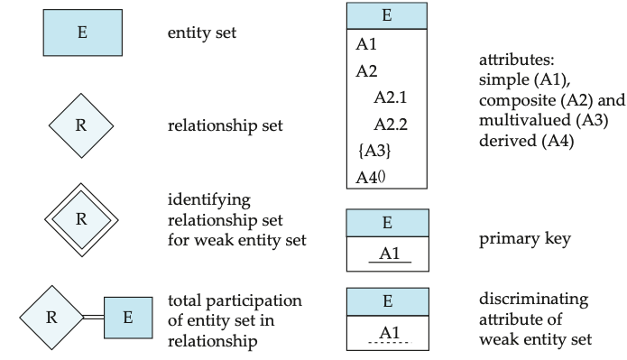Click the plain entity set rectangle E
pyautogui.click(x=82, y=32)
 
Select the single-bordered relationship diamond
pyautogui.click(x=81, y=125)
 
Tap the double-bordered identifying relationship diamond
pyautogui.click(x=81, y=218)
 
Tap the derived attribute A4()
pyautogui.click(x=372, y=176)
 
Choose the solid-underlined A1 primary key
pyautogui.click(x=390, y=254)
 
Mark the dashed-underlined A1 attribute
pyautogui.click(x=390, y=334)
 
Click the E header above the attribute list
pyautogui.click(x=387, y=15)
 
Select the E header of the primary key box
pyautogui.click(x=387, y=223)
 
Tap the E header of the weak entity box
pyautogui.click(x=387, y=302)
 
